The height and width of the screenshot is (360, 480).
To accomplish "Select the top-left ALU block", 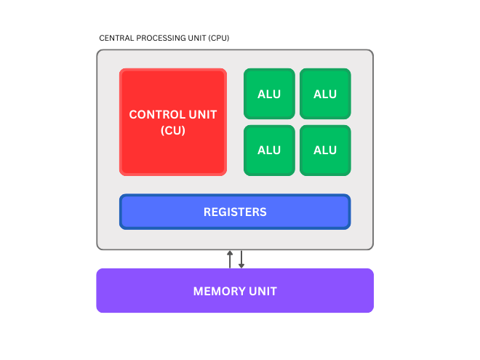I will (x=269, y=94).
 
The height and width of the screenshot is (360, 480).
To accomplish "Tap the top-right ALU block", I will (x=325, y=94).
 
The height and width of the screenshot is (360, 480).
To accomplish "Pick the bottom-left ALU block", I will (x=269, y=151).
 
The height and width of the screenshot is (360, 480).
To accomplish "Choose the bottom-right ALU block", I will (x=325, y=151).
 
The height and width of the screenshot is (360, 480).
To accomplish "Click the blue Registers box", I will (x=235, y=212).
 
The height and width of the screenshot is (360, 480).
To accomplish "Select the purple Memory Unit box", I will (x=235, y=291).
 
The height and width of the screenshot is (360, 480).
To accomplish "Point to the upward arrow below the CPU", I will (x=230, y=259).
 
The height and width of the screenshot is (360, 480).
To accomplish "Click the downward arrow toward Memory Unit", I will (x=241, y=259).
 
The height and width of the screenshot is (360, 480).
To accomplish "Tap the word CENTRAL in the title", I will (x=114, y=38).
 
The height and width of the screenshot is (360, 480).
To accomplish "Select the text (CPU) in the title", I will (x=218, y=38).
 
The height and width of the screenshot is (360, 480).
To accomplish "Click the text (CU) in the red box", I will (x=173, y=131).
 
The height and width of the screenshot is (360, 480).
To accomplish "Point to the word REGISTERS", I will (x=235, y=212).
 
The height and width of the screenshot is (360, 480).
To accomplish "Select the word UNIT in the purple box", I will (x=263, y=291).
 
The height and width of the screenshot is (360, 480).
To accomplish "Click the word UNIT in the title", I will (x=194, y=38).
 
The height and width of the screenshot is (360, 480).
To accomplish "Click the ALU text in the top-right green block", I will (x=325, y=94).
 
